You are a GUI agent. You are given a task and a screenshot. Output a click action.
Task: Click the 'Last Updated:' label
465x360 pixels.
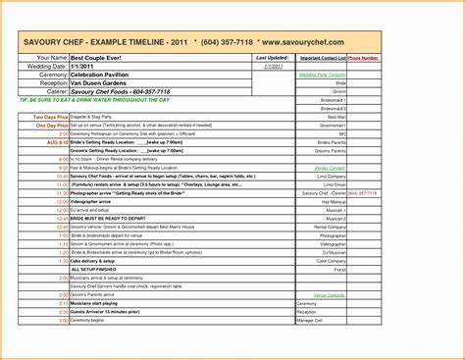(270, 58)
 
